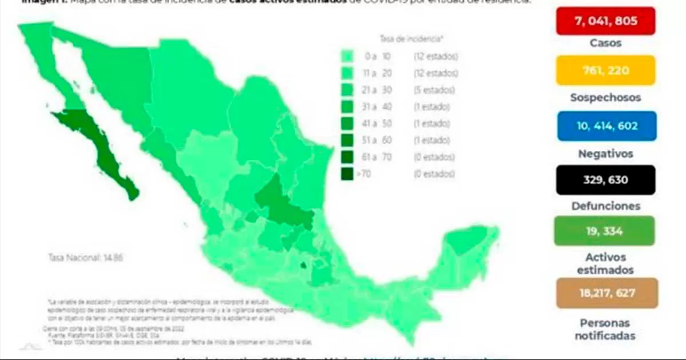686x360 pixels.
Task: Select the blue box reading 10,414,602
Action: [x=607, y=126]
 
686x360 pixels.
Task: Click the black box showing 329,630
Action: [x=605, y=180]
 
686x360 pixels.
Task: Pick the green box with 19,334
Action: [x=604, y=231]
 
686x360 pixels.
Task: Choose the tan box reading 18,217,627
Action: [x=607, y=293]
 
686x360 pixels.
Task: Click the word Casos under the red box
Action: [x=605, y=43]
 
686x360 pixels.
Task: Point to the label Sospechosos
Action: [x=605, y=97]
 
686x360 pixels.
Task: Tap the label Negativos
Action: [x=605, y=153]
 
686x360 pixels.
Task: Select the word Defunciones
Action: [x=605, y=206]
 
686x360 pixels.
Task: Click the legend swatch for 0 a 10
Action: [x=347, y=56]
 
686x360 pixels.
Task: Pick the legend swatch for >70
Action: [x=347, y=174]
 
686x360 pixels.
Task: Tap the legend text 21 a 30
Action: [x=380, y=90]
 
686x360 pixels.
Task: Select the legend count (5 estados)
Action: [x=434, y=90]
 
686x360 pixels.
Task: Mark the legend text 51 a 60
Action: [x=380, y=140]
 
